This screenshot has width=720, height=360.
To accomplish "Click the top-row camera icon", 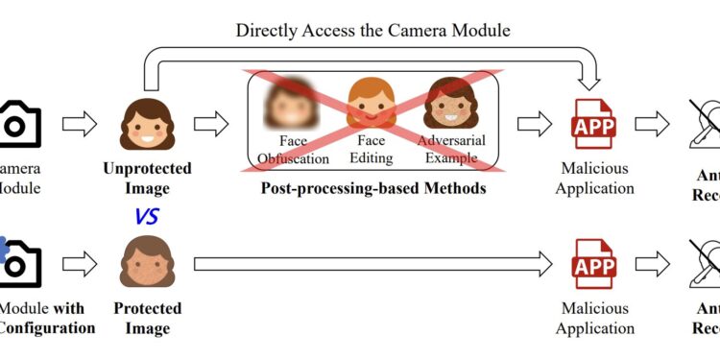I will (19, 124).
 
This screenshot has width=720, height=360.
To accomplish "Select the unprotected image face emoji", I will (147, 124).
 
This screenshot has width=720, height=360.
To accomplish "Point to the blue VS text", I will (147, 216).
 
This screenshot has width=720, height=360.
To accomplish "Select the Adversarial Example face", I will (451, 103).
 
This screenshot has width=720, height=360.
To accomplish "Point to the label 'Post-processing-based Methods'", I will (373, 188).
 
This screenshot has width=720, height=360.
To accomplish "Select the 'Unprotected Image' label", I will (147, 178).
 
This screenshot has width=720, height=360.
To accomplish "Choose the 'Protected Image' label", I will (147, 319).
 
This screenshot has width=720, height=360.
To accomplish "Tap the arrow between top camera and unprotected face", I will (80, 124).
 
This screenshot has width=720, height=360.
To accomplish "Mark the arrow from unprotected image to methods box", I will (211, 124).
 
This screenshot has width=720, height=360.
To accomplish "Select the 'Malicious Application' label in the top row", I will (595, 178).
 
